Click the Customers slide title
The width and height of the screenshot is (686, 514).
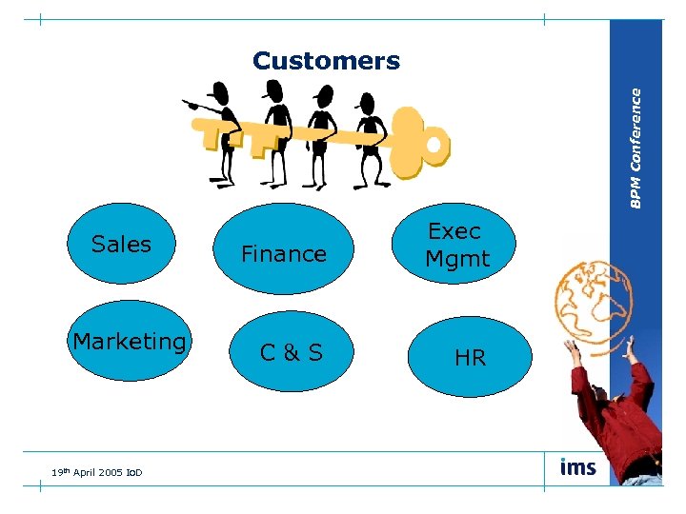click(x=326, y=62)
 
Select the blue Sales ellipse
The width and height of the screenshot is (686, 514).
click(x=121, y=244)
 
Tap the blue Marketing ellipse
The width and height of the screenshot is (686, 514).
click(x=130, y=341)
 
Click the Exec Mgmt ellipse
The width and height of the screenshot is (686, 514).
click(x=456, y=244)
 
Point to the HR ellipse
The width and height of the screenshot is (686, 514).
click(x=469, y=357)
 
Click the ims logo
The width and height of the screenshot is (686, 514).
click(x=578, y=467)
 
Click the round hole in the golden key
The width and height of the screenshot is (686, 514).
click(x=434, y=145)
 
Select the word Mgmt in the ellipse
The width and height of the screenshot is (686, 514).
click(x=457, y=258)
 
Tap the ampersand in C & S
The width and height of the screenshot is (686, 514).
click(x=292, y=353)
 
